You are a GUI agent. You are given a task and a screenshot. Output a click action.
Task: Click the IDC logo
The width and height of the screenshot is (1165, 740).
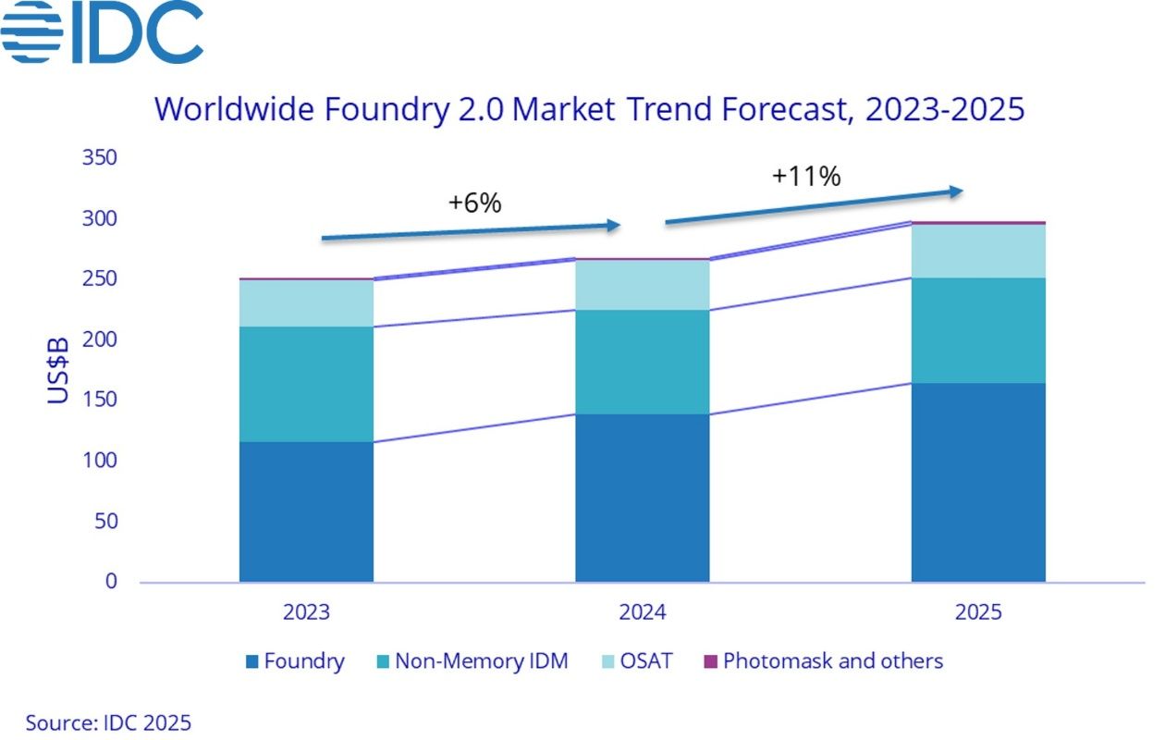102,31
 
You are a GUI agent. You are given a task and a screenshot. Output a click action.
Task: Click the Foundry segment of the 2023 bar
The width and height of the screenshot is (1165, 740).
306,512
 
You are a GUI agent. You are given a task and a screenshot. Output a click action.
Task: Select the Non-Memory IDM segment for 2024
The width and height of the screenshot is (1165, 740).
642,362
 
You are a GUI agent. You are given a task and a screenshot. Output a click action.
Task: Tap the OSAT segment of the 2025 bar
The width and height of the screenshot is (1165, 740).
978,251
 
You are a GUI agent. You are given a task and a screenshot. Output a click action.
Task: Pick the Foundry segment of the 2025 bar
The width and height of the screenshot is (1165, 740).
978,482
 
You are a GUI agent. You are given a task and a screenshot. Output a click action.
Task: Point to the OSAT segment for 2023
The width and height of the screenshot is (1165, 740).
306,302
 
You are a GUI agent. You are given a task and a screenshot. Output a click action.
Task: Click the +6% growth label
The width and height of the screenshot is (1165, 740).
474,203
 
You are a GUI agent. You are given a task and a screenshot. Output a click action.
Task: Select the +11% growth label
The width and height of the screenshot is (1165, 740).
806,176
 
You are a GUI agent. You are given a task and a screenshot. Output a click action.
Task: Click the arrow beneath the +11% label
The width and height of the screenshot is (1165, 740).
814,207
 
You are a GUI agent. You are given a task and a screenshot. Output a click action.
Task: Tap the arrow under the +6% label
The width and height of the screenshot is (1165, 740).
470,231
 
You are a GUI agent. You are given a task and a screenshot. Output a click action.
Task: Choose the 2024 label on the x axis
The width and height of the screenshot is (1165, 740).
643,612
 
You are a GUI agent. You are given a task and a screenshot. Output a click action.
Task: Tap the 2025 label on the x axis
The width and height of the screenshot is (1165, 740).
978,612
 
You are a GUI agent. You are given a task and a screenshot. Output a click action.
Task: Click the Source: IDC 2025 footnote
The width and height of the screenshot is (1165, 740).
108,722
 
